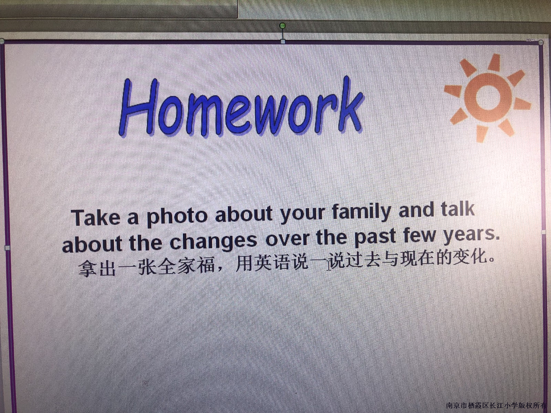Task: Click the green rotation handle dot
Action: coord(283,25)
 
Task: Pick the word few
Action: coord(420,235)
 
